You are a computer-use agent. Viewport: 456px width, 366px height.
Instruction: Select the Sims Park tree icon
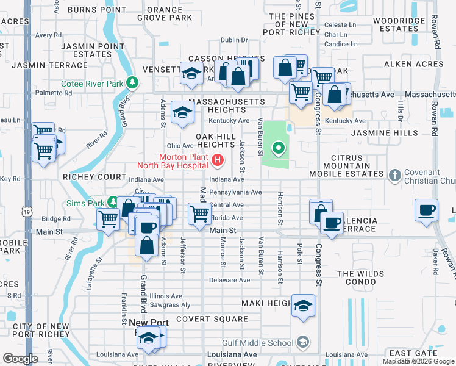click(113, 201)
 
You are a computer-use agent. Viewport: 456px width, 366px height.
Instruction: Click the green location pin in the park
click(279, 148)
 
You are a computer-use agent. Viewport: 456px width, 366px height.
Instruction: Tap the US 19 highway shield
click(26, 212)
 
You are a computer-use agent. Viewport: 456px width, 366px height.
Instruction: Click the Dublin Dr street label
click(234, 40)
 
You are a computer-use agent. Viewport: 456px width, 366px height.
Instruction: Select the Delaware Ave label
click(229, 281)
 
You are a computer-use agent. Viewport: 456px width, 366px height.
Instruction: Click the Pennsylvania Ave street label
click(235, 192)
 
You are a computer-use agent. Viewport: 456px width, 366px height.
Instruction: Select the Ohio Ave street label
click(180, 146)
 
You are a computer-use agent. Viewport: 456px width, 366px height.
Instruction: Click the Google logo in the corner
click(20, 359)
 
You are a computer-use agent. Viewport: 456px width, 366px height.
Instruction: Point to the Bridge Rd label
click(56, 219)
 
